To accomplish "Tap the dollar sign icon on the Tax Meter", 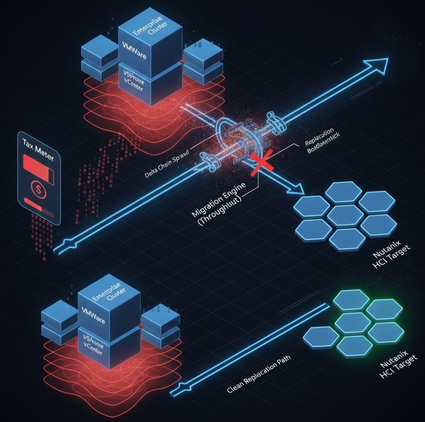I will click(38, 187).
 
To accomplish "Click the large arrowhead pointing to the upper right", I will click(379, 64).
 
